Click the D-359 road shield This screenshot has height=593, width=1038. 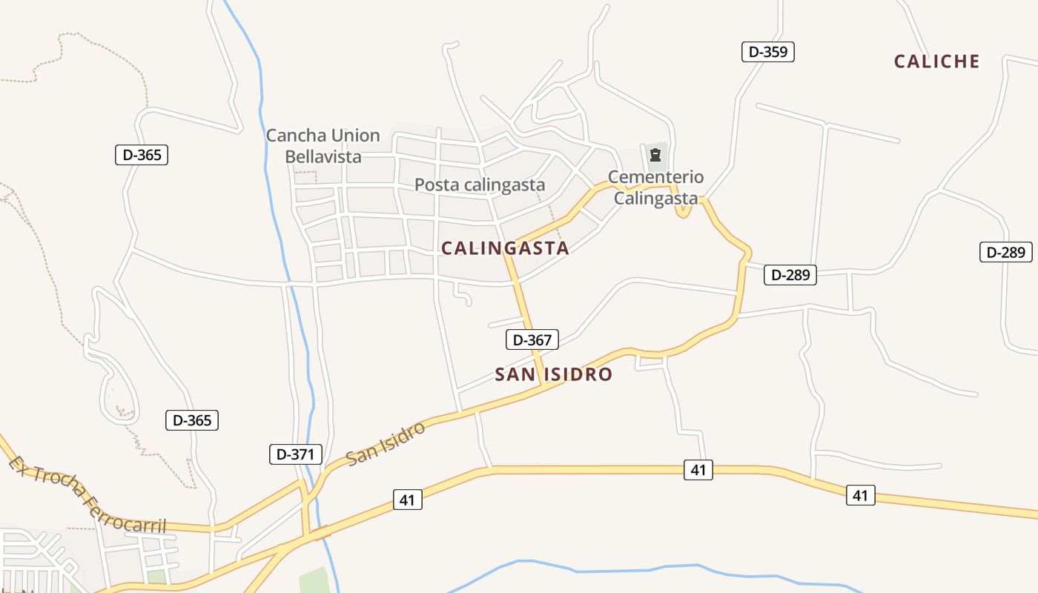[767, 52]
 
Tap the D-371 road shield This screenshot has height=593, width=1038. [295, 454]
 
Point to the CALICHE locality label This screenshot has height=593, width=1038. [937, 62]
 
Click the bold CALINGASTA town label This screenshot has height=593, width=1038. [505, 248]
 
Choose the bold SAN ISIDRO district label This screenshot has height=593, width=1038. [553, 374]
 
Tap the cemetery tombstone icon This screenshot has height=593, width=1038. [655, 155]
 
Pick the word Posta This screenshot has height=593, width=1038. [434, 185]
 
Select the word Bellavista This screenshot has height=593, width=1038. [323, 156]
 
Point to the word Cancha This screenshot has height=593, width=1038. [296, 136]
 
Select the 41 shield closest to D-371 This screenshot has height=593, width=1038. [406, 500]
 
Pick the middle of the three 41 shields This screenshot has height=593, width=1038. [698, 469]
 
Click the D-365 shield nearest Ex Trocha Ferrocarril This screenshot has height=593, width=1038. [191, 420]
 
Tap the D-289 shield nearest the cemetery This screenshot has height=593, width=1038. [790, 275]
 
